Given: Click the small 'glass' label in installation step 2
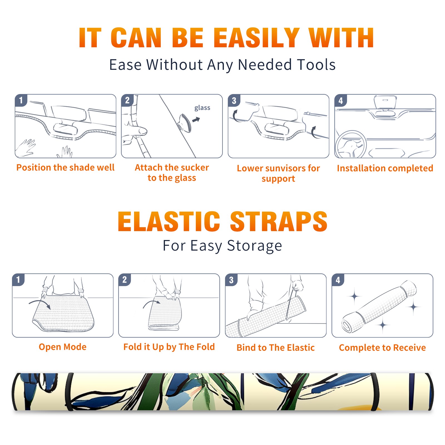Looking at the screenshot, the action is click(202, 108).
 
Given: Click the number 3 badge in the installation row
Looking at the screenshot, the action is click(234, 100).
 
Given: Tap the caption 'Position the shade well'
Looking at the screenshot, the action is click(65, 167).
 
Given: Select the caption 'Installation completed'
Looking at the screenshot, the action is click(385, 168).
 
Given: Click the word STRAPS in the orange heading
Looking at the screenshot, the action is click(279, 221).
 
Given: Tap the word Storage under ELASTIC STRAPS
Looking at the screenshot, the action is click(254, 246).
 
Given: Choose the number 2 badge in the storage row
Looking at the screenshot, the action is click(125, 280).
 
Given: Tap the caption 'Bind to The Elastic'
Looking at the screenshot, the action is click(276, 348).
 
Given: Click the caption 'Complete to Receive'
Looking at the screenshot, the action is click(382, 348).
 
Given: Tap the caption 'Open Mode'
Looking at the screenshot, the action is click(63, 347).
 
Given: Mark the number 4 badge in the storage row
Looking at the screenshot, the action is click(338, 280).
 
